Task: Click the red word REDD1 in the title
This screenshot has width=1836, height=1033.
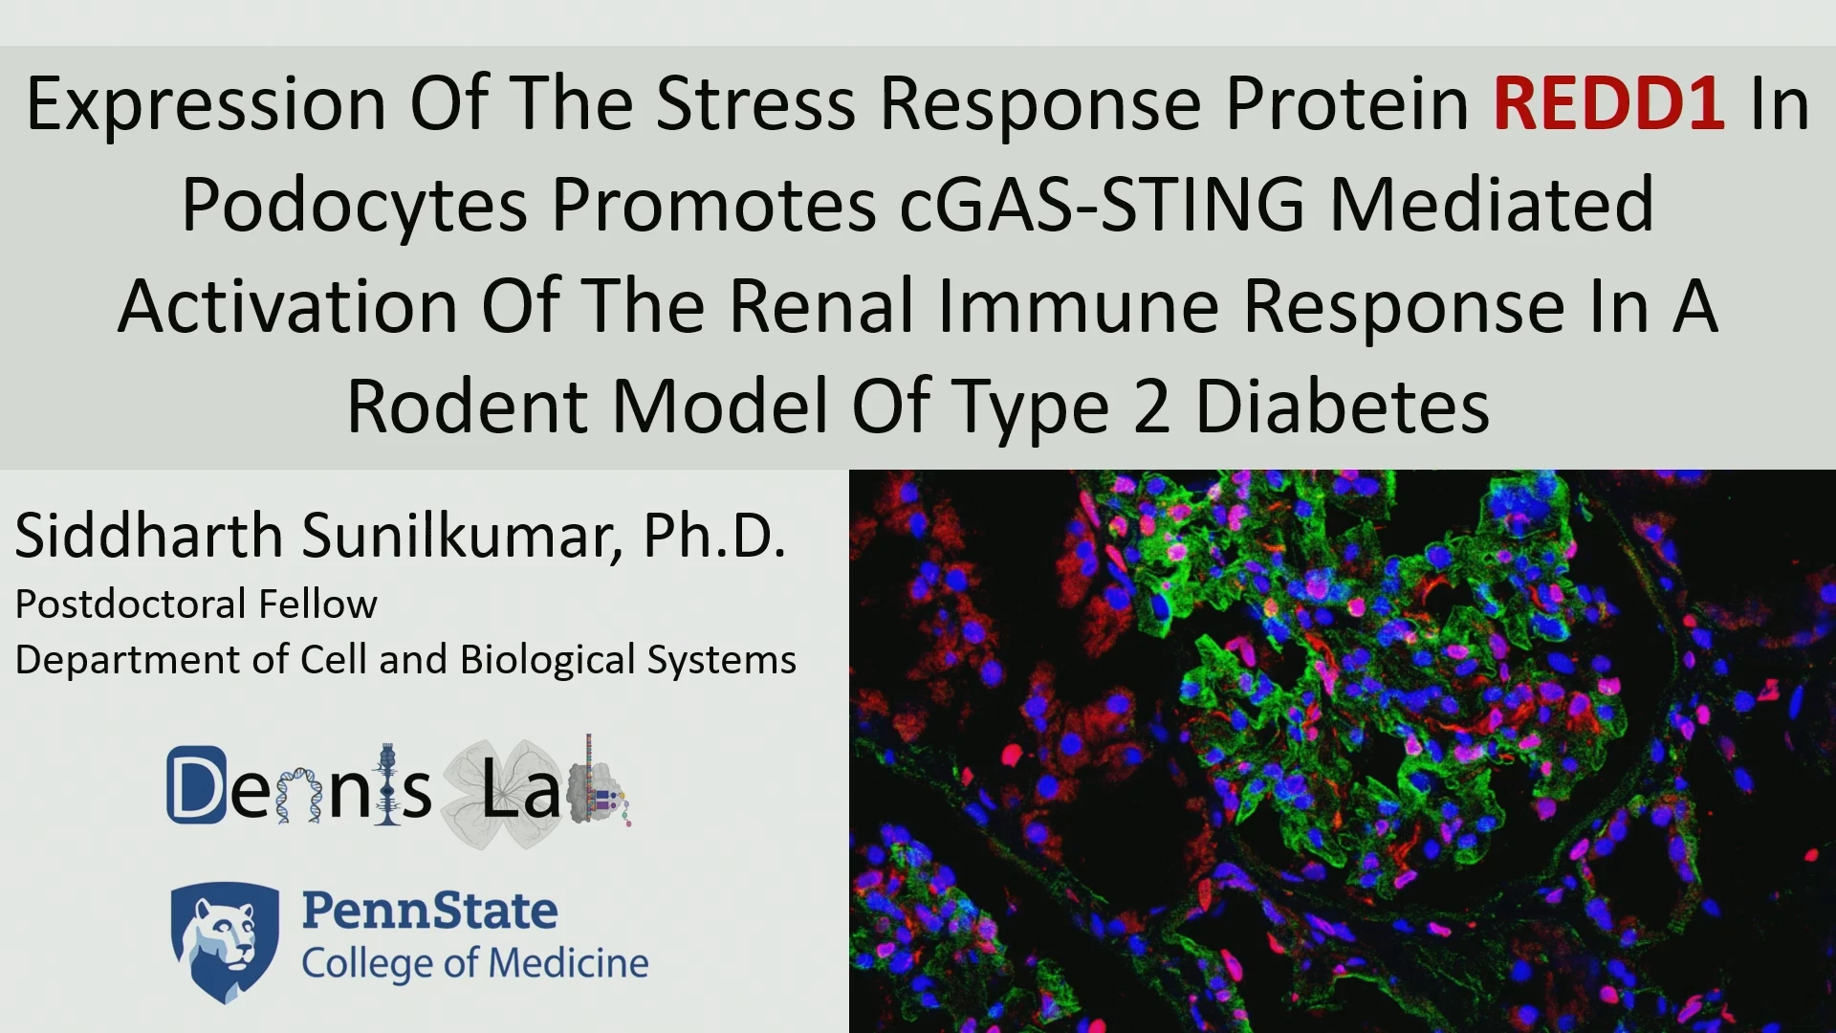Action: click(x=1609, y=103)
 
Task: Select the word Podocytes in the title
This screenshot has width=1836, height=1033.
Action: click(x=355, y=206)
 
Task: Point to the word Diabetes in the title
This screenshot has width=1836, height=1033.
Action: click(x=1343, y=407)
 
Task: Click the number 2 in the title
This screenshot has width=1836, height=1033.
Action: click(x=1152, y=407)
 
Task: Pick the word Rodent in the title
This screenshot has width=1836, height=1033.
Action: click(x=468, y=407)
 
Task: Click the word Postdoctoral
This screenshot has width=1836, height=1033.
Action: click(x=131, y=604)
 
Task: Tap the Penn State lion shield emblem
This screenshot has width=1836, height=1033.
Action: click(x=226, y=942)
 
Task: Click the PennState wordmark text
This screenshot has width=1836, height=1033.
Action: click(x=429, y=911)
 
